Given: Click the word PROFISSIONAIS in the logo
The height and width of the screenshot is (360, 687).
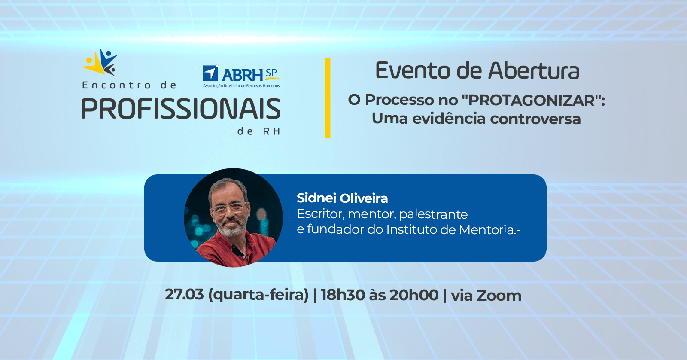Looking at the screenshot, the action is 181,109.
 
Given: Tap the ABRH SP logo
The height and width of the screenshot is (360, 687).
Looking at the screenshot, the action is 241,76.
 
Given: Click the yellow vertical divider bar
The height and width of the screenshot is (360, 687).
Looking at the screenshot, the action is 328,98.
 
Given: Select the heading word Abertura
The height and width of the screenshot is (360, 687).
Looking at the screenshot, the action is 534,70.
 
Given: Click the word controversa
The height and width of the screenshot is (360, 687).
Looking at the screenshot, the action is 535,119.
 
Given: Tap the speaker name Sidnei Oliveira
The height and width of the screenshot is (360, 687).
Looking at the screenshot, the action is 342,198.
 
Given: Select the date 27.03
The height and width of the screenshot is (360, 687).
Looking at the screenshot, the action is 184,295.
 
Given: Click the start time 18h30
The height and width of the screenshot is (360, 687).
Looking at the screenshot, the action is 343,295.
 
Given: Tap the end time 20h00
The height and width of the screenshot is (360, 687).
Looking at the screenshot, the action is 414,295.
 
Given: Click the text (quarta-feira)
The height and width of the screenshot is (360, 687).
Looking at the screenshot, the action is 258,295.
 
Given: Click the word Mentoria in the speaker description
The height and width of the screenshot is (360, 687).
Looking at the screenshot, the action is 488,229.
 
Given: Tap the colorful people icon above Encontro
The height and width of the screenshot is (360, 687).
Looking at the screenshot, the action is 100,62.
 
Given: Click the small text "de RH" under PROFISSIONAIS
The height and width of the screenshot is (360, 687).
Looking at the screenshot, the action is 259,131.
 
